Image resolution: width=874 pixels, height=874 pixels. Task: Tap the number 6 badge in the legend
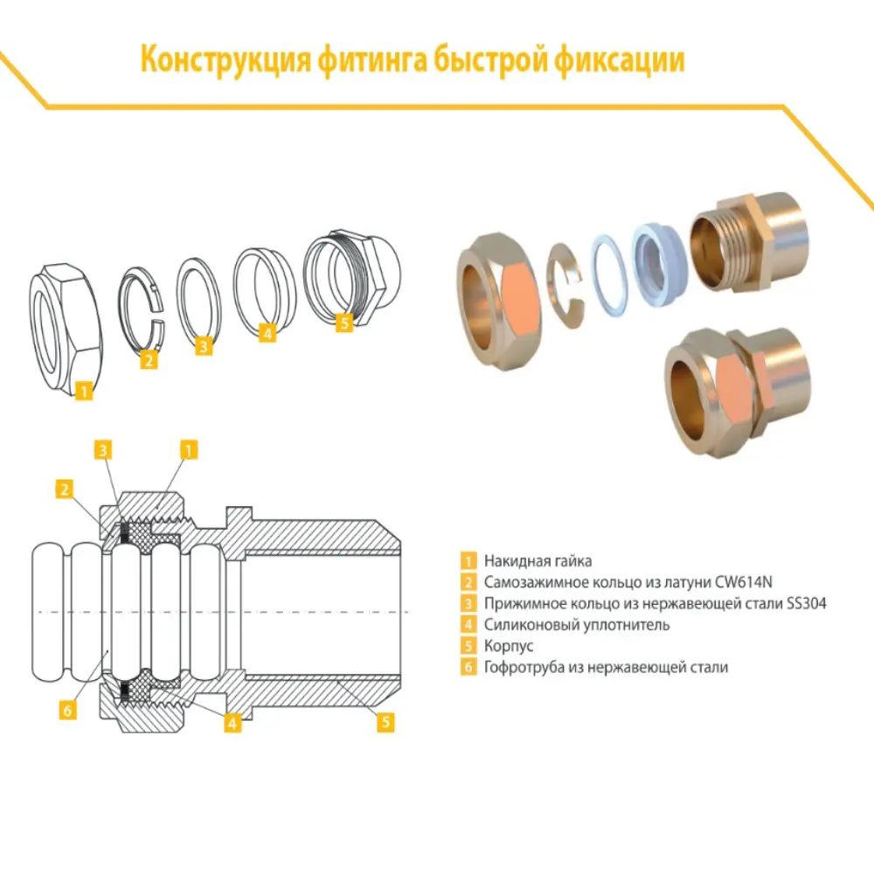tap(469, 668)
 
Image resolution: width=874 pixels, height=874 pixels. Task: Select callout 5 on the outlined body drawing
tap(343, 323)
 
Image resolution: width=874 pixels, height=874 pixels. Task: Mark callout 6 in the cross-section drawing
tap(66, 710)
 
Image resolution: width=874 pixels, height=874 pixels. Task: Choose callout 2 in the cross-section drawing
tap(63, 489)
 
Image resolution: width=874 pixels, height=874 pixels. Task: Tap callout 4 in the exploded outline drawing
tap(267, 332)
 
